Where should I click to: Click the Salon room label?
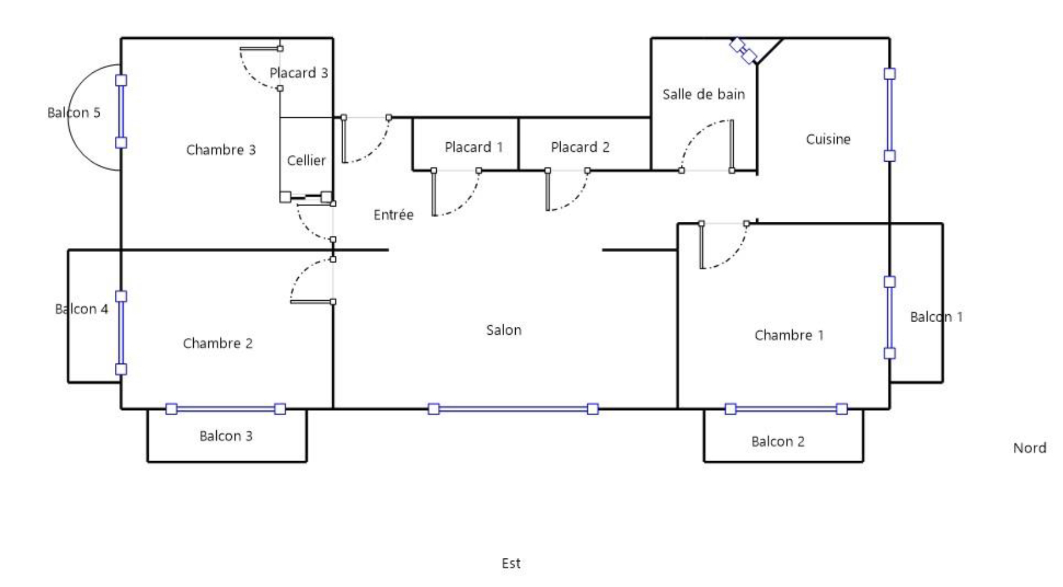click(504, 330)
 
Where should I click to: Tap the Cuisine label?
click(828, 139)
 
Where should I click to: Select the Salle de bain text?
click(703, 94)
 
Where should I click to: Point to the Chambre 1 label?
click(789, 335)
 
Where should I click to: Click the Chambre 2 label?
click(217, 343)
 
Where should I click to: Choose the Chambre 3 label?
click(220, 149)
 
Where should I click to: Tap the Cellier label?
click(306, 160)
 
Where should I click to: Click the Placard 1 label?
click(474, 147)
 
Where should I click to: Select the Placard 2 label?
click(580, 147)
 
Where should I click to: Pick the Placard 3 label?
click(299, 73)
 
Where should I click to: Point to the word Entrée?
click(394, 215)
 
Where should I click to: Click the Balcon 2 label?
click(778, 442)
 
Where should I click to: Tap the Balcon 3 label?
click(226, 436)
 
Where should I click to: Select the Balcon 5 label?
click(73, 112)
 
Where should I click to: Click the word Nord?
click(1030, 448)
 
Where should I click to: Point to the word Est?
click(511, 563)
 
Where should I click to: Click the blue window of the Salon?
click(513, 409)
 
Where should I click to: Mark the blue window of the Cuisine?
click(890, 115)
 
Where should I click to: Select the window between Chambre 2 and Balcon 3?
click(226, 409)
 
